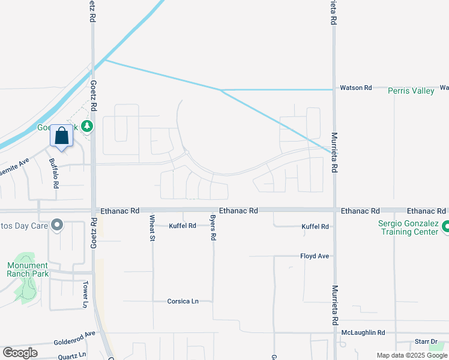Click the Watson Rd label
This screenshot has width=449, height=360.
(x=356, y=88)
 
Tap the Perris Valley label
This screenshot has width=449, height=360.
(x=411, y=91)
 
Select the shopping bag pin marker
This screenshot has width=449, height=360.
(x=61, y=137)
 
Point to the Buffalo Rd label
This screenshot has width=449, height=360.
(x=54, y=173)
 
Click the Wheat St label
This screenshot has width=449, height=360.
(x=152, y=228)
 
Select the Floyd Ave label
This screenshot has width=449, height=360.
(x=315, y=256)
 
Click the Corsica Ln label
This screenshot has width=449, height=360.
(x=183, y=301)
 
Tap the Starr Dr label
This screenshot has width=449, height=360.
(x=426, y=342)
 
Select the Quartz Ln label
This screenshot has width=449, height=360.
(x=73, y=355)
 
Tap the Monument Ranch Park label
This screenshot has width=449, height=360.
(x=28, y=269)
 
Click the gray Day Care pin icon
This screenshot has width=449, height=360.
(x=57, y=226)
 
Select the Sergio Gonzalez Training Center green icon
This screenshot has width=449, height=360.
(x=445, y=227)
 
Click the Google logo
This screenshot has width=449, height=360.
(x=20, y=353)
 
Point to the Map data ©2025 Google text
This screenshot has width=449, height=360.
(x=412, y=355)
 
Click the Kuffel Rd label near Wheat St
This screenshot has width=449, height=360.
(x=182, y=226)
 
